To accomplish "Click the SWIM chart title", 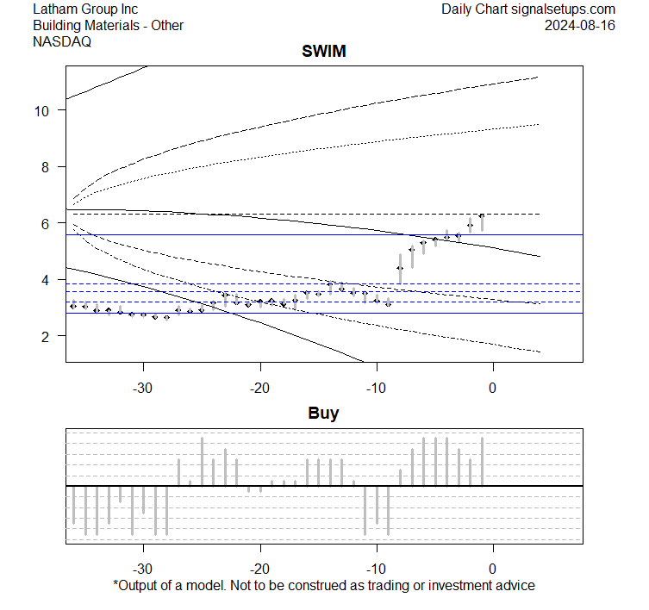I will (323, 52).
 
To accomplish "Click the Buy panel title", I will (323, 414).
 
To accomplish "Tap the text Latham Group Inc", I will (84, 9).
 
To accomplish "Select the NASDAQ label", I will (62, 40).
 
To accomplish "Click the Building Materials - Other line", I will (108, 25).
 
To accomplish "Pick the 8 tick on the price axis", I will (48, 166).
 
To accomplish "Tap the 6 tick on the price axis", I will (48, 223).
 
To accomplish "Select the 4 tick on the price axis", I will (48, 279).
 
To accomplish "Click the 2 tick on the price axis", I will (48, 336).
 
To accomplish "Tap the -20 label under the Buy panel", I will (259, 569).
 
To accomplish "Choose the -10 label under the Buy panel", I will (376, 569).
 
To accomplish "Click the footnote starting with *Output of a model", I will (323, 586).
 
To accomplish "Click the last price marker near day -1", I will (481, 216).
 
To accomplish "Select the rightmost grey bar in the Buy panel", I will (481, 462).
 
